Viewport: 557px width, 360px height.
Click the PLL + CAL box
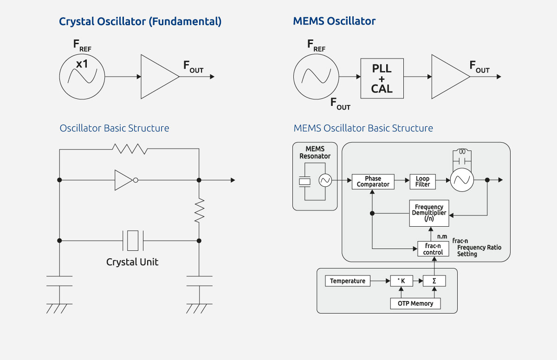(382, 79)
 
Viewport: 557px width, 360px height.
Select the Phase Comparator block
(373, 182)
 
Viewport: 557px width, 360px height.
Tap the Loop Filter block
(422, 182)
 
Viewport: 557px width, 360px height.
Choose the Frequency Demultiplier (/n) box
(429, 213)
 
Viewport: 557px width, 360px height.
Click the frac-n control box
(433, 249)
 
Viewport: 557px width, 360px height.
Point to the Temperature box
(348, 281)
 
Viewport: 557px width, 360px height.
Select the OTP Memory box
(415, 304)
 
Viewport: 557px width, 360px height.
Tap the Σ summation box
(434, 281)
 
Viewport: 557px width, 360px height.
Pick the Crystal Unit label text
(132, 262)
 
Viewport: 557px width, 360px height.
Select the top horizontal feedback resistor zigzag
(130, 149)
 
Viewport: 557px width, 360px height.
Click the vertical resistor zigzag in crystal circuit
(199, 210)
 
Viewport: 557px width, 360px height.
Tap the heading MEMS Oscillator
(334, 21)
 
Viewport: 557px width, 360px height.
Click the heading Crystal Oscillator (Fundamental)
(140, 21)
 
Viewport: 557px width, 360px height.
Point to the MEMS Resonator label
(315, 152)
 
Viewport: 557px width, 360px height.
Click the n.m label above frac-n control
(442, 236)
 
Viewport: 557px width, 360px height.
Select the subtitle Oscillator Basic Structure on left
(114, 128)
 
